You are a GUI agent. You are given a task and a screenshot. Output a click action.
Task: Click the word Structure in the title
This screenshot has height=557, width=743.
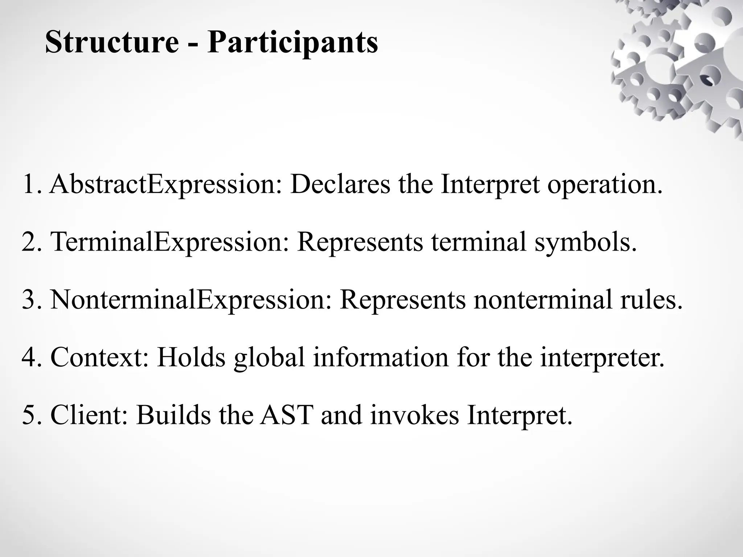pos(112,42)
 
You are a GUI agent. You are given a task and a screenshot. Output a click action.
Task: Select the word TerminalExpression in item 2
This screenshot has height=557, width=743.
pos(169,242)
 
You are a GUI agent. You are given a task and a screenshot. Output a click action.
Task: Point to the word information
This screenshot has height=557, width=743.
pos(381,358)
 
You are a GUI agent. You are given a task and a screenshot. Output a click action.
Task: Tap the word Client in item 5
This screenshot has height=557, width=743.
pos(89,415)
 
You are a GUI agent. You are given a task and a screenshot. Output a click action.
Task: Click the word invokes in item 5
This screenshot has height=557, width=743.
pos(415,415)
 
